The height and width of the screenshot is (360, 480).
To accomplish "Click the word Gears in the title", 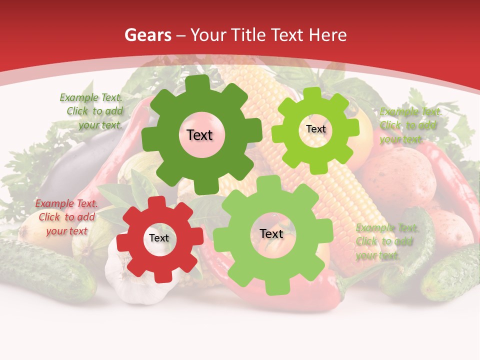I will [x=147, y=35].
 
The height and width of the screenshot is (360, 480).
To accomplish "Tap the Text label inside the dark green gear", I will [x=199, y=135].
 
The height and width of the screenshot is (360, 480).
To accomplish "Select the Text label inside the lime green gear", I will [x=315, y=129].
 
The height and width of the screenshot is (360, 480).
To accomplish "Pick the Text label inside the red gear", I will [x=159, y=238].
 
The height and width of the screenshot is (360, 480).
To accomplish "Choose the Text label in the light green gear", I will [x=271, y=233].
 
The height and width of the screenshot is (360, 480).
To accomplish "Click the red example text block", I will [x=66, y=217].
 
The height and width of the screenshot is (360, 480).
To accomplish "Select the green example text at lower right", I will [x=386, y=241].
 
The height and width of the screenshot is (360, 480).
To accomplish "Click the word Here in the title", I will [x=328, y=35].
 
